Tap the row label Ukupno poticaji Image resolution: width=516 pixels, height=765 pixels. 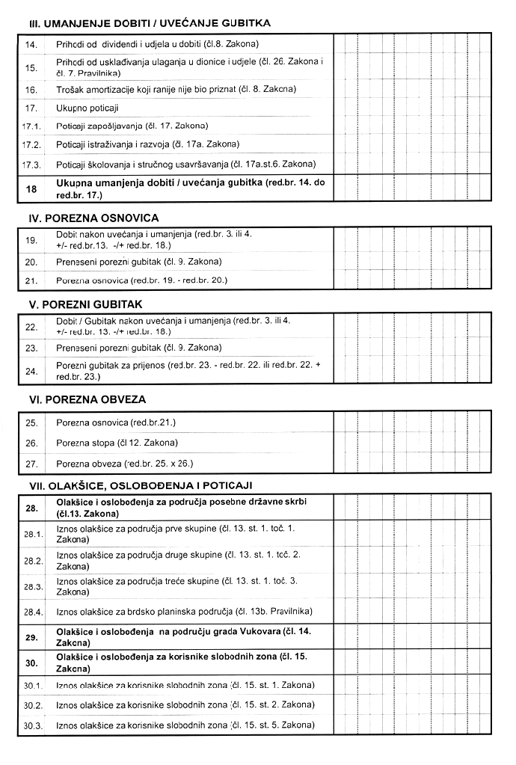tap(87, 108)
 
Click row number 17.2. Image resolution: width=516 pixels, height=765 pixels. tap(31, 144)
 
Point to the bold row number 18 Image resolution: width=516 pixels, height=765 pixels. tap(31, 189)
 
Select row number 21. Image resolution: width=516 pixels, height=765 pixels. tap(31, 280)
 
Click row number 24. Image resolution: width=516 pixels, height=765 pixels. tap(31, 371)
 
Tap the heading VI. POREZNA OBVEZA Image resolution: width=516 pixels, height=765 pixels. tap(87, 399)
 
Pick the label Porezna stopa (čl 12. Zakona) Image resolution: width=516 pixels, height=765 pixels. tap(117, 443)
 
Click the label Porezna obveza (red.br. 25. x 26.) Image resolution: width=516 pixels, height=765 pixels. tap(125, 464)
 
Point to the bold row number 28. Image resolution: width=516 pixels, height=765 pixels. tap(31, 509)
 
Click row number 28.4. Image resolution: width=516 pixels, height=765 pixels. tap(31, 612)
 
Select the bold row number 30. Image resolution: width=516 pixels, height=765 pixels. tap(31, 662)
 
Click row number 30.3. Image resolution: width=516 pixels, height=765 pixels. tap(31, 725)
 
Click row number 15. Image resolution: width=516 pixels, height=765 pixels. tap(31, 68)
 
